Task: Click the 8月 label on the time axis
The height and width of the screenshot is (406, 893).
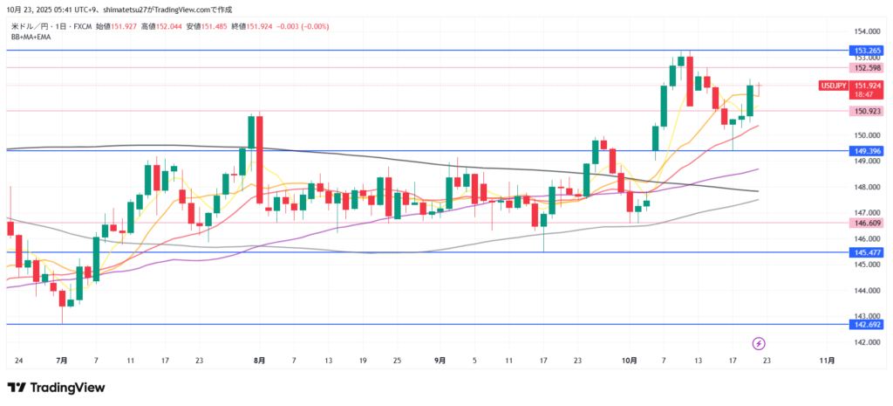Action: coord(259,360)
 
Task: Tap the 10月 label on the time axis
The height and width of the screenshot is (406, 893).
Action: coord(630,360)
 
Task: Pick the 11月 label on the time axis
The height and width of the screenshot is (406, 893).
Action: coord(828,360)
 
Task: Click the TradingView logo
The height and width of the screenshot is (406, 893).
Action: coord(56,388)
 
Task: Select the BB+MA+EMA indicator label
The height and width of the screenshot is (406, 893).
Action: coord(31,37)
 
